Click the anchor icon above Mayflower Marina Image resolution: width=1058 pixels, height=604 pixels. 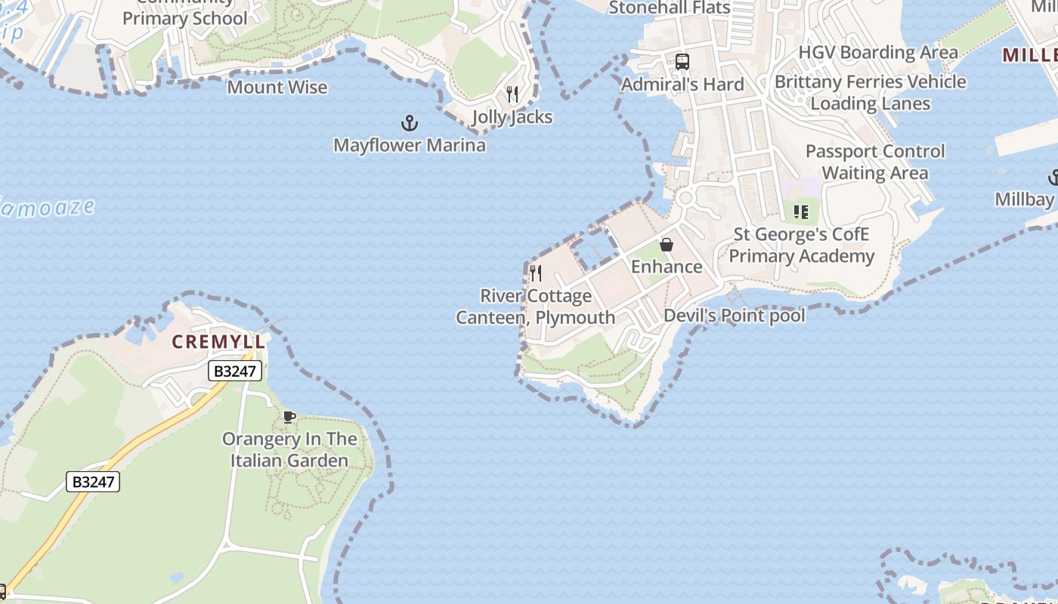(x=409, y=122)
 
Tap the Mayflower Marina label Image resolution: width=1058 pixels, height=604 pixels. (x=409, y=144)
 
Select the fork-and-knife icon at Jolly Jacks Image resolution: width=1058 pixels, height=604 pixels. (x=512, y=94)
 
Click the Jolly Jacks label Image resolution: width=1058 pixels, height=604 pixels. (x=512, y=117)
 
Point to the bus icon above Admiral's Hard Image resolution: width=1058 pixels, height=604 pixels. (x=682, y=61)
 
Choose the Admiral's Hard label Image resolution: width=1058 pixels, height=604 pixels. (x=682, y=84)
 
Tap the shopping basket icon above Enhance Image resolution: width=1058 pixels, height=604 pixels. (x=667, y=245)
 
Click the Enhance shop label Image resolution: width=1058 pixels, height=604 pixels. (x=667, y=267)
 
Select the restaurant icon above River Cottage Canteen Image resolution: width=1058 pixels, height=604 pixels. (x=536, y=273)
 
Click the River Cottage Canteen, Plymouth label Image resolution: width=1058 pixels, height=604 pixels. (x=536, y=307)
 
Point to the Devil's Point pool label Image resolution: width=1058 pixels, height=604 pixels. (x=734, y=315)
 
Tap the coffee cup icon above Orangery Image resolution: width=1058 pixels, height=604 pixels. (x=289, y=417)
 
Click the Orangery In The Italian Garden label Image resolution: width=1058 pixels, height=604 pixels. (x=289, y=449)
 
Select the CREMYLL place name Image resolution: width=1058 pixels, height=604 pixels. (x=218, y=342)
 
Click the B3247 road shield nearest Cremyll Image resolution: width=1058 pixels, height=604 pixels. (x=235, y=371)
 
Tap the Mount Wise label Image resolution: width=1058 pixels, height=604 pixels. (x=277, y=87)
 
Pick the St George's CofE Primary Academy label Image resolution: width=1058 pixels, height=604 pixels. (x=801, y=245)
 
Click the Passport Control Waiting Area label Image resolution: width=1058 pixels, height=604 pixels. (x=874, y=162)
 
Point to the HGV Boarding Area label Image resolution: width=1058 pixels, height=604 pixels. (x=878, y=52)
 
